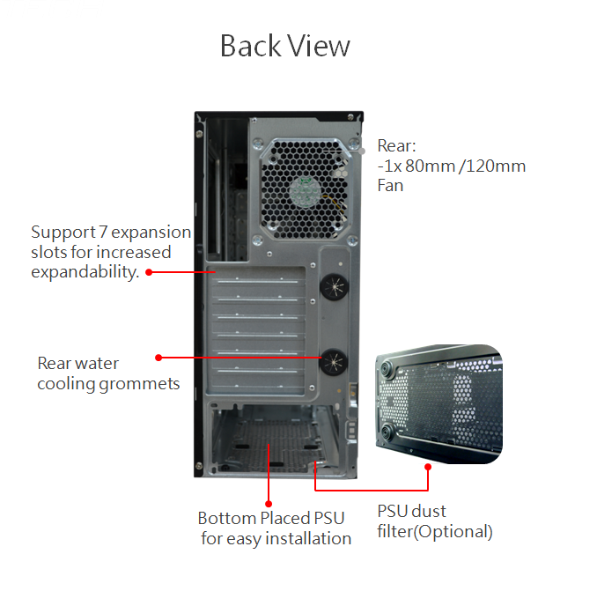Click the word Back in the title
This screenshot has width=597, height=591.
coord(250,46)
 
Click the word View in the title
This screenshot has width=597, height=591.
coord(318,46)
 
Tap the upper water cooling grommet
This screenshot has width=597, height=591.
coord(334,286)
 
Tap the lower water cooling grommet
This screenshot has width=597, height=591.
coord(333,362)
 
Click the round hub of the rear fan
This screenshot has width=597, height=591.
coord(306,191)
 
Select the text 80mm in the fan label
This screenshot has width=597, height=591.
coord(431,166)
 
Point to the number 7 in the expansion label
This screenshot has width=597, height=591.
coord(103,232)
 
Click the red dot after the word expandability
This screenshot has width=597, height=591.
coord(150,272)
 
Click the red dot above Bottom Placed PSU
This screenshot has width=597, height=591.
coord(269,504)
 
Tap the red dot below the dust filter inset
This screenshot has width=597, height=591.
coord(428,467)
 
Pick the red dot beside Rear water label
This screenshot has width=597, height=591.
coord(158,358)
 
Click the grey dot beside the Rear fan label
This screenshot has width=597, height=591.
coord(362,151)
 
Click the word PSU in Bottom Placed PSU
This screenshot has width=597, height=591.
coord(329,518)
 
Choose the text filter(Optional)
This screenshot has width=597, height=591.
coord(435,532)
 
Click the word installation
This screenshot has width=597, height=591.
coord(308,538)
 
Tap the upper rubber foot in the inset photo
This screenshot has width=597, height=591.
coord(385,369)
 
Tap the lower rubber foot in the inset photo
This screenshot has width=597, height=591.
coord(387,433)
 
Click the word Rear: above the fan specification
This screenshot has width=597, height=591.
coord(396,146)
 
